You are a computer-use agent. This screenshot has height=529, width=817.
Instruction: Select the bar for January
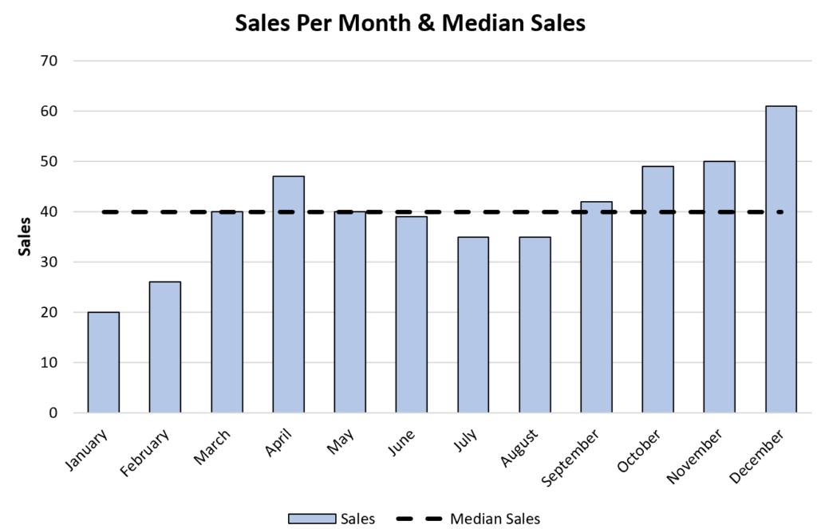click(103, 362)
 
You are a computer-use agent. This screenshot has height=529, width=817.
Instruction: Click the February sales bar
click(164, 347)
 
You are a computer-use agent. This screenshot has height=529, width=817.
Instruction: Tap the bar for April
click(288, 294)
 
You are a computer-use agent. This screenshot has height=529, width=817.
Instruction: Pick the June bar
click(411, 314)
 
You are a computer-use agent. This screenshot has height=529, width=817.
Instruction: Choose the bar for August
click(535, 325)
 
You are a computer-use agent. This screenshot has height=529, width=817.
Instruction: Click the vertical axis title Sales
click(26, 235)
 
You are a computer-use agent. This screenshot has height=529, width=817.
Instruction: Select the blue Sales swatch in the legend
click(312, 519)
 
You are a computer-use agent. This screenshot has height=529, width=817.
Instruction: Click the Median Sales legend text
click(495, 519)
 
